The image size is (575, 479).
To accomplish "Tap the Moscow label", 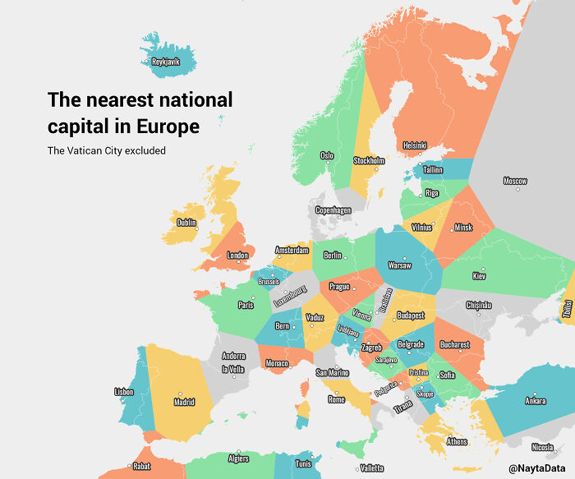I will (515, 181).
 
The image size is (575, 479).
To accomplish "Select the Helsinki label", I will (414, 145).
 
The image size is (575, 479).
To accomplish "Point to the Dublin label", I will (186, 222).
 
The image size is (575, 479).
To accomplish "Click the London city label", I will (237, 256).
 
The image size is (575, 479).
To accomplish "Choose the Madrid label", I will (184, 403).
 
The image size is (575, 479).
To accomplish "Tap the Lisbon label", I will (124, 392).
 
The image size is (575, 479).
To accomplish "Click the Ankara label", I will (535, 402).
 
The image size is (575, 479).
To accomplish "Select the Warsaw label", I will (399, 266).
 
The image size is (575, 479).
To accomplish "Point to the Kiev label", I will (480, 276).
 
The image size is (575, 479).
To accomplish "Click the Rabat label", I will (141, 466).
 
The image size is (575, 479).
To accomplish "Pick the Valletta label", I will (371, 468).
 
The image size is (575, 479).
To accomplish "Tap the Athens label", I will (457, 442).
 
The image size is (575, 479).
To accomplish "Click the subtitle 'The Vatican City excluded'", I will (106, 150).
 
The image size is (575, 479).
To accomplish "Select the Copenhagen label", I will (333, 210).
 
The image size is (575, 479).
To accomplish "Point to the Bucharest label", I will (454, 345).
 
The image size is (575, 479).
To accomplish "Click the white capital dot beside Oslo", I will (328, 162).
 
